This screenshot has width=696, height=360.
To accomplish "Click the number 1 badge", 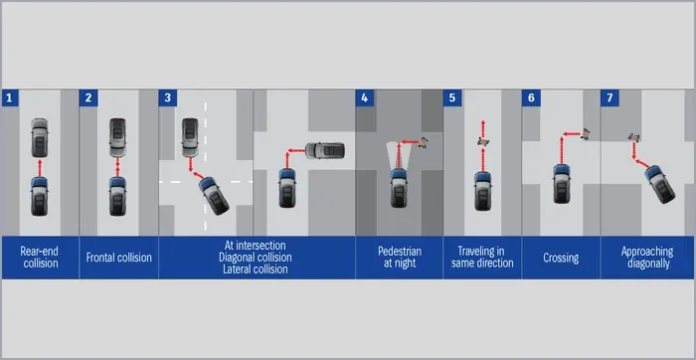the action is tap(10, 98).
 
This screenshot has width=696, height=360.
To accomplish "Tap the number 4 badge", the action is tap(365, 98).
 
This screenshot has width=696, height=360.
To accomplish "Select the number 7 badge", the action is tap(609, 98).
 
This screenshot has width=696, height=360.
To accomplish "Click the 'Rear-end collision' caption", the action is tap(40, 258).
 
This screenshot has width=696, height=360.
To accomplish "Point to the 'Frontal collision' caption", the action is tap(119, 258).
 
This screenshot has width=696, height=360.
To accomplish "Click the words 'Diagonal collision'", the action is tap(256, 258).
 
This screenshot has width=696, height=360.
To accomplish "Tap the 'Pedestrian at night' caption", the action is tap(399, 258).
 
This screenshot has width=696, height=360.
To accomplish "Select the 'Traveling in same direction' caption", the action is tap(482, 258).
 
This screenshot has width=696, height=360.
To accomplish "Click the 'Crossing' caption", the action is tap(561, 258).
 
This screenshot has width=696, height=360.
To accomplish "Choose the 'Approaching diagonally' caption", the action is tap(647, 258).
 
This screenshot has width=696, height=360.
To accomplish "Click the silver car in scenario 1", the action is tap(40, 137).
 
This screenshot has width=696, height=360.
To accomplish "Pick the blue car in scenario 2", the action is tap(117, 196).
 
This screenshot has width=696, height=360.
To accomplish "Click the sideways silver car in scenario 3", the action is tap(325, 150).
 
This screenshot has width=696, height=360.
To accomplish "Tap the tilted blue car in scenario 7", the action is tap(659, 184).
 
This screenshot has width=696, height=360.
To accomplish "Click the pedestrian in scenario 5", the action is tap(483, 141).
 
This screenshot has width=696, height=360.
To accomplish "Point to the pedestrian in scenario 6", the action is tap(586, 133).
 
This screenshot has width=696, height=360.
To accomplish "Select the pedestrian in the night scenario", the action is tap(424, 143).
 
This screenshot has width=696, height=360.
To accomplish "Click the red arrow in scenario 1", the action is tap(40, 167).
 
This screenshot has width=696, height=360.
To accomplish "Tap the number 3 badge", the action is tap(167, 98).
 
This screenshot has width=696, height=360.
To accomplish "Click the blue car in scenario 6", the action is tap(562, 184).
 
